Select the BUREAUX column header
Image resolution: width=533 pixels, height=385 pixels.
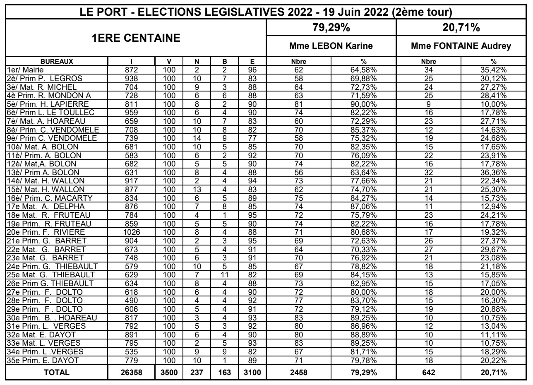(56, 62)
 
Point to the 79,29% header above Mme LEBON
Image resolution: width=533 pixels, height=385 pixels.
(331, 29)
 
